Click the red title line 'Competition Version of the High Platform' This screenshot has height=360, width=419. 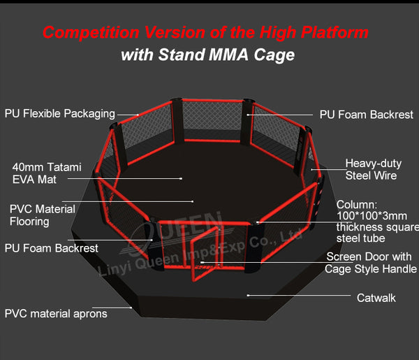[x=205, y=33]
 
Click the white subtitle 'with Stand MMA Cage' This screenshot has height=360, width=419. [x=207, y=55]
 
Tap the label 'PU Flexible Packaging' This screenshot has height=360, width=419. [x=60, y=114]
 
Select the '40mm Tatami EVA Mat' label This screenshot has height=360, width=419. [x=47, y=173]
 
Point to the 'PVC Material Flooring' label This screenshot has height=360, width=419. [x=43, y=215]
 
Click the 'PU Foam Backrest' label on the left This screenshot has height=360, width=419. [x=52, y=248]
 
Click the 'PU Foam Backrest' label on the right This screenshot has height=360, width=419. [x=367, y=115]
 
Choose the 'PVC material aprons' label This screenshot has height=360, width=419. [x=56, y=313]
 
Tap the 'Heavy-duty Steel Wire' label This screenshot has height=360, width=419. [x=374, y=170]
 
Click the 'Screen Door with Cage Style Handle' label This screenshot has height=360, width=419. [x=371, y=263]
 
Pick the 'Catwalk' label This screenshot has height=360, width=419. [x=376, y=298]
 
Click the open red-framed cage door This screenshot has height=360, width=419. [x=205, y=254]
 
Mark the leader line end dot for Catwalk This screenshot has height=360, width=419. [x=248, y=295]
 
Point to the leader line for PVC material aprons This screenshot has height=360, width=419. [x=112, y=308]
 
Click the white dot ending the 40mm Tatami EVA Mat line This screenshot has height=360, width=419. [x=181, y=178]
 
